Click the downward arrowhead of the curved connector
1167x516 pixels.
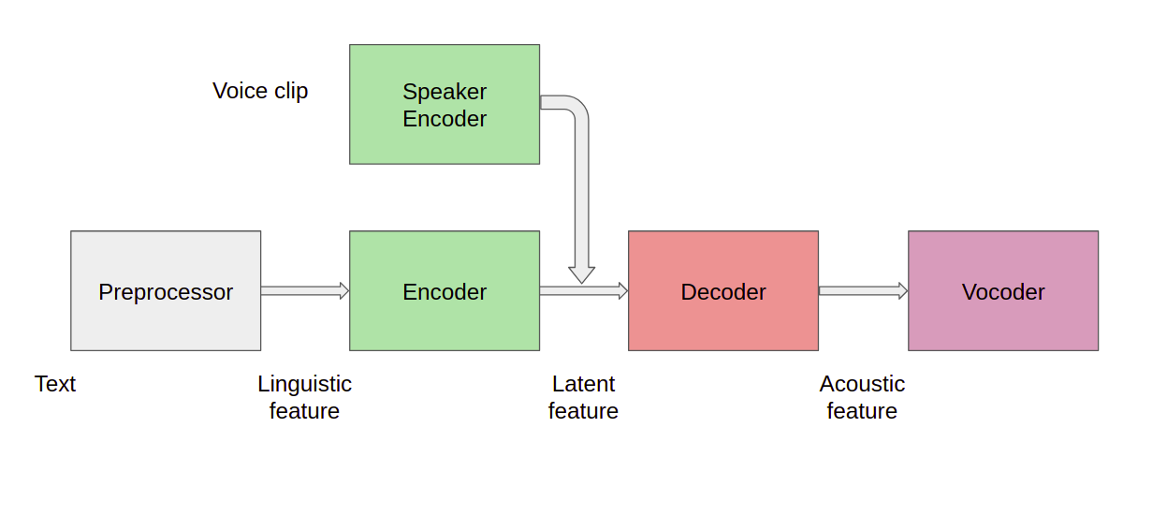[x=582, y=273]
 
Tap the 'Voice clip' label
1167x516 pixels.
[x=260, y=91]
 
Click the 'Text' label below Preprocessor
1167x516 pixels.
[x=55, y=384]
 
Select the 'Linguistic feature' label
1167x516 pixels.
[x=304, y=397]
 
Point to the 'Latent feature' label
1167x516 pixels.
[x=583, y=397]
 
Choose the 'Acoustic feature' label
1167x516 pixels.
[x=862, y=397]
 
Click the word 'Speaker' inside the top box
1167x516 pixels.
[x=445, y=92]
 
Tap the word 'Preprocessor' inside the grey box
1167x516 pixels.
[x=166, y=292]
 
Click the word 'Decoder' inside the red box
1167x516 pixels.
[x=723, y=292]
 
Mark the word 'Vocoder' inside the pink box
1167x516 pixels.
[x=1003, y=292]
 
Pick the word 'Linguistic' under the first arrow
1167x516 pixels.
[x=304, y=384]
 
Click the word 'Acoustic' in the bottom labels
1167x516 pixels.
[x=862, y=384]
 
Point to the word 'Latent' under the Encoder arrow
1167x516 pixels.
[x=583, y=384]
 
